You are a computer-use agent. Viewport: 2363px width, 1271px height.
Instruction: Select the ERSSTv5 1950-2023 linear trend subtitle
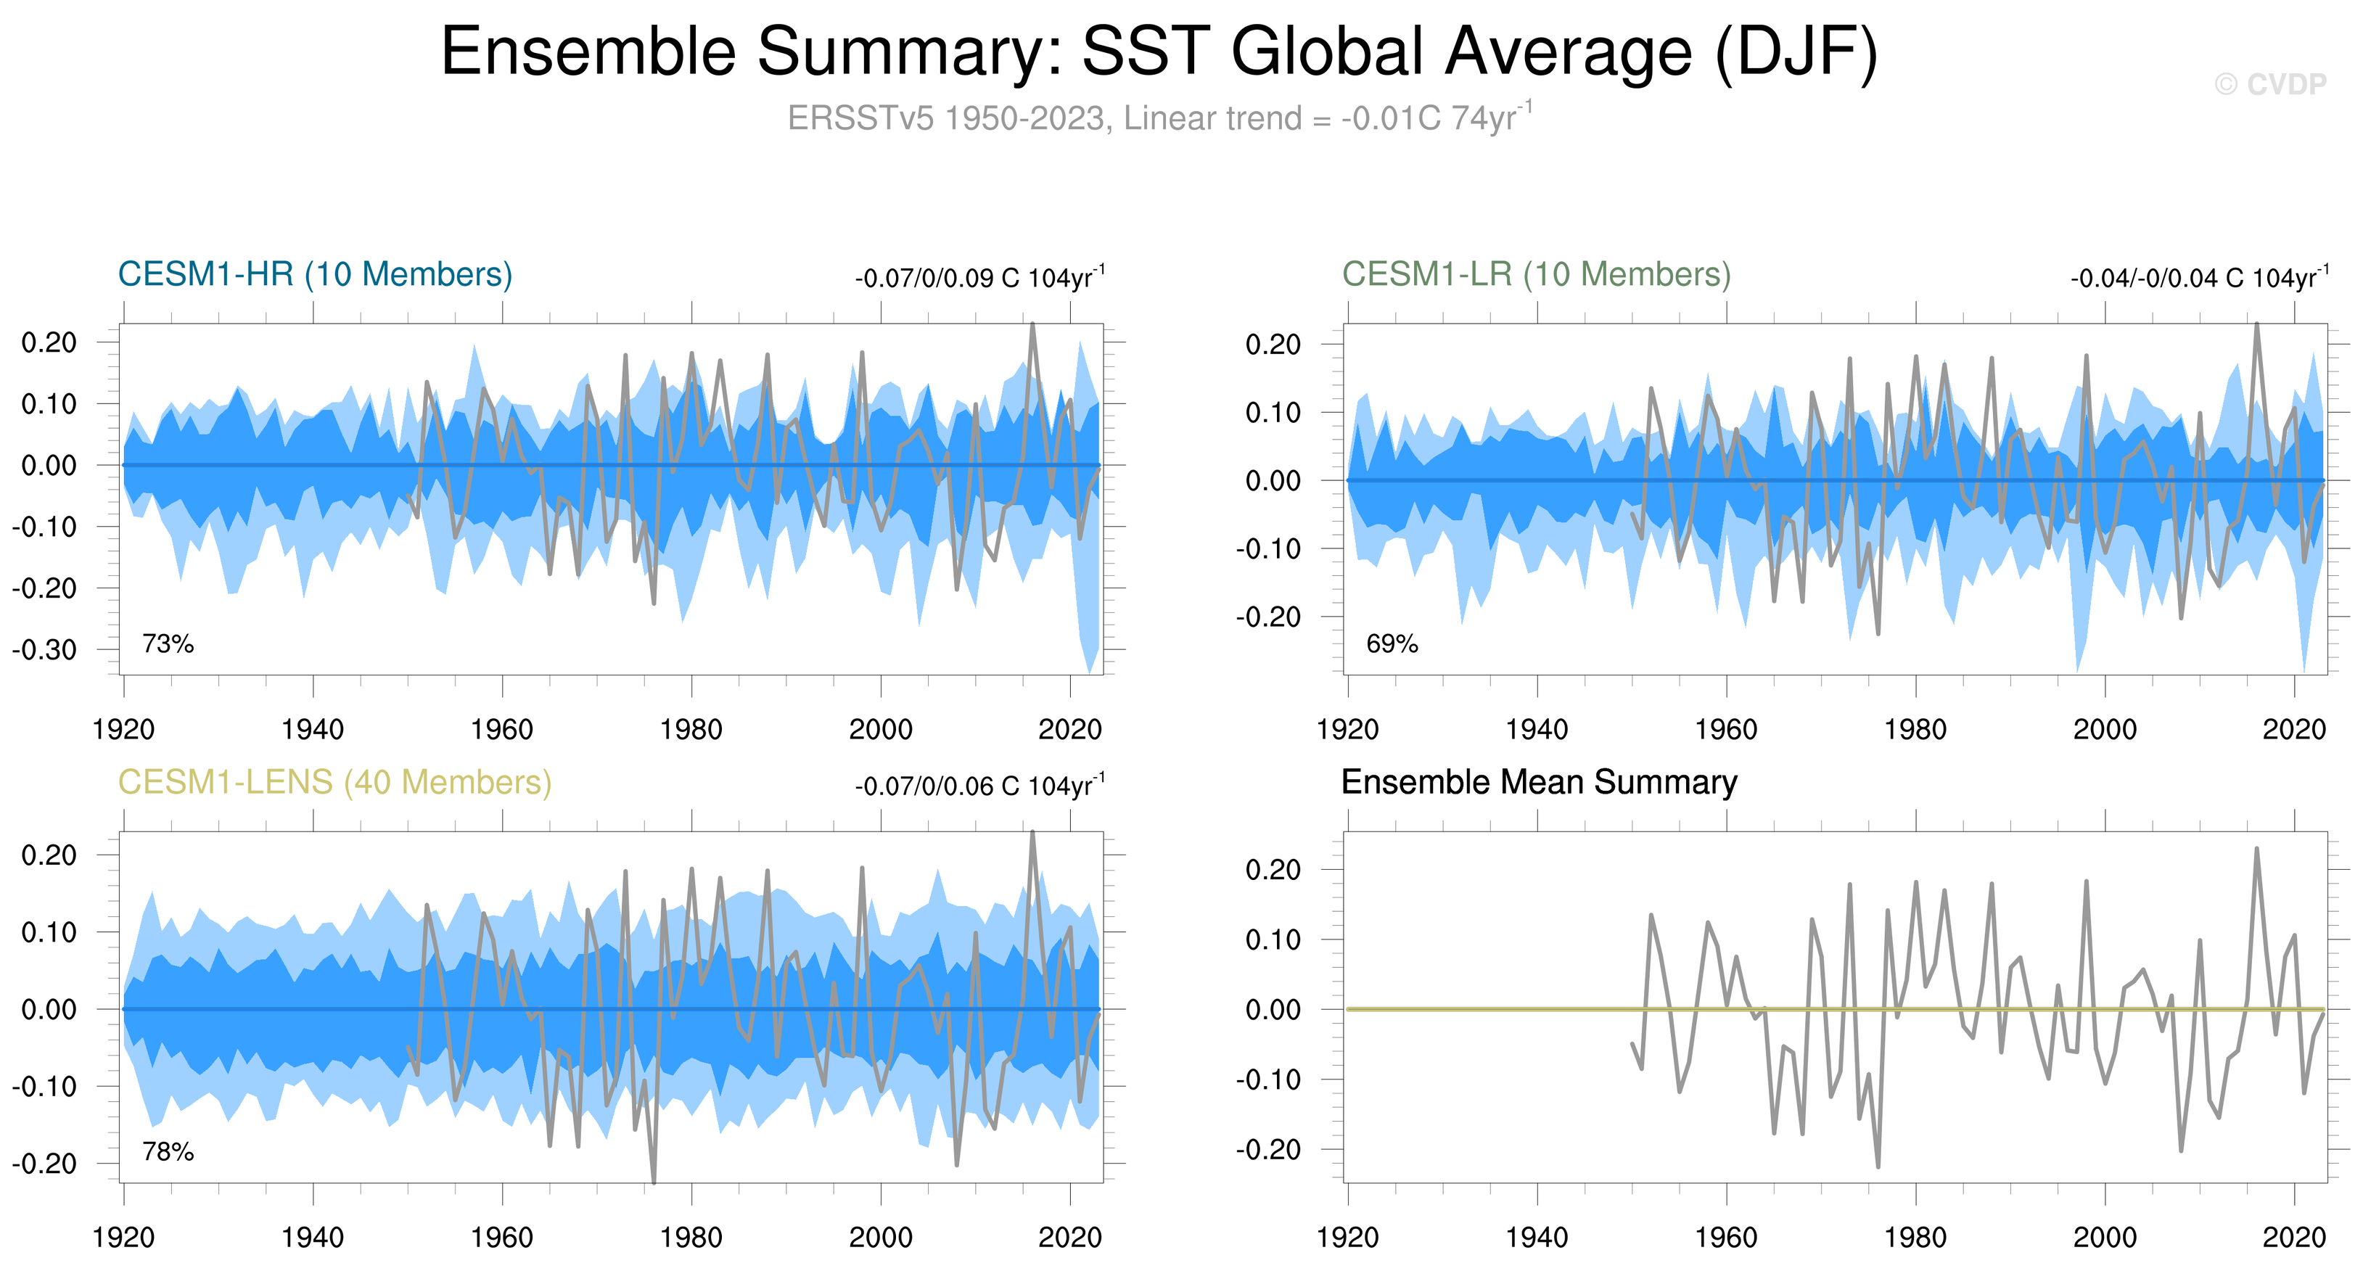(x=1159, y=118)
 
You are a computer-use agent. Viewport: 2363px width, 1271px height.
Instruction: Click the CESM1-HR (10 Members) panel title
(x=315, y=274)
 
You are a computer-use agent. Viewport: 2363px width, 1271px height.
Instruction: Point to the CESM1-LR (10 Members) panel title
(x=1537, y=274)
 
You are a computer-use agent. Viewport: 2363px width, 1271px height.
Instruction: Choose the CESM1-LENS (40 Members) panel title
(x=334, y=782)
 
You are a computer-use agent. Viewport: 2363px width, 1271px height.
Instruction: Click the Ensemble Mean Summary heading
(x=1540, y=782)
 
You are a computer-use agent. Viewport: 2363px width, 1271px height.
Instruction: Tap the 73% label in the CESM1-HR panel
(x=168, y=643)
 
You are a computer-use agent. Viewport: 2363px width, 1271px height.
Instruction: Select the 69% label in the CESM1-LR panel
(x=1392, y=643)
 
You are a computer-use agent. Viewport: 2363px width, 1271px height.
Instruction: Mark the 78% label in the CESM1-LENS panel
(x=168, y=1152)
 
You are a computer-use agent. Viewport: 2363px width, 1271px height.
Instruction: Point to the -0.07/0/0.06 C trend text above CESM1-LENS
(x=979, y=784)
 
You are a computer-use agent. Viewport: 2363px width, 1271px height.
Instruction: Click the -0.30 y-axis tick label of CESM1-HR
(x=44, y=650)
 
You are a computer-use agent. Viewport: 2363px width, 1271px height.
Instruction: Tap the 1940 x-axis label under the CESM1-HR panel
(x=313, y=730)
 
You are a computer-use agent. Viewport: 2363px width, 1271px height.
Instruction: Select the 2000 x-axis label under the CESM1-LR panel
(x=2105, y=730)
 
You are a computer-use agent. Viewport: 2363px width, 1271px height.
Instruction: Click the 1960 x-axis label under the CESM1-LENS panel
(x=502, y=1238)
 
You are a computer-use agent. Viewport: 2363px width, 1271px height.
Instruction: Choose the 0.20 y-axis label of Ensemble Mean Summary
(x=1273, y=869)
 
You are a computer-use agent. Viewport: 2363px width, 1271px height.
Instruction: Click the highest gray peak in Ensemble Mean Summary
(x=2256, y=850)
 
